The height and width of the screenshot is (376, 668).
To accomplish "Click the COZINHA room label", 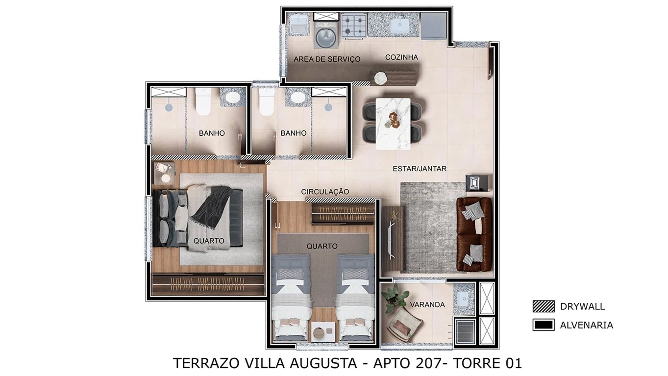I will point(401,57).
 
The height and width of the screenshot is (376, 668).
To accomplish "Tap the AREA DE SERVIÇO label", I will point(327,59).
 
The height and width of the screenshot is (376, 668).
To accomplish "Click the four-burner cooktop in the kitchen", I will point(354,25).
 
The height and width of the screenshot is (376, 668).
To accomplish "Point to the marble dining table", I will point(393,124).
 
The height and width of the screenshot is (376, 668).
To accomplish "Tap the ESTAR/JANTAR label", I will point(420,169).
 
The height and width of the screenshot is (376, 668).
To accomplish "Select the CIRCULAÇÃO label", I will point(325,191).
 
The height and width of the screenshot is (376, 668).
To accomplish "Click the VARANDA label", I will point(427,305).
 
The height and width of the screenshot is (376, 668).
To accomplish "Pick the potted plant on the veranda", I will point(396,297).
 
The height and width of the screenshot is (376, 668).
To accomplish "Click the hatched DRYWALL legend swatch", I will point(543,306).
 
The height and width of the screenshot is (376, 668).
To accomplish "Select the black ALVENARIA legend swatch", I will point(543,325).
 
